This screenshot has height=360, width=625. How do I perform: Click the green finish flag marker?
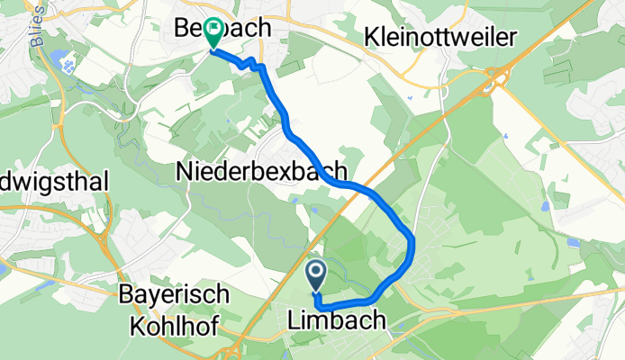[213, 32]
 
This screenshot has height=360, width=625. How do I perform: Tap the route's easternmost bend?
[412, 243]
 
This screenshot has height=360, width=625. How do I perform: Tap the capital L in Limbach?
[294, 319]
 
